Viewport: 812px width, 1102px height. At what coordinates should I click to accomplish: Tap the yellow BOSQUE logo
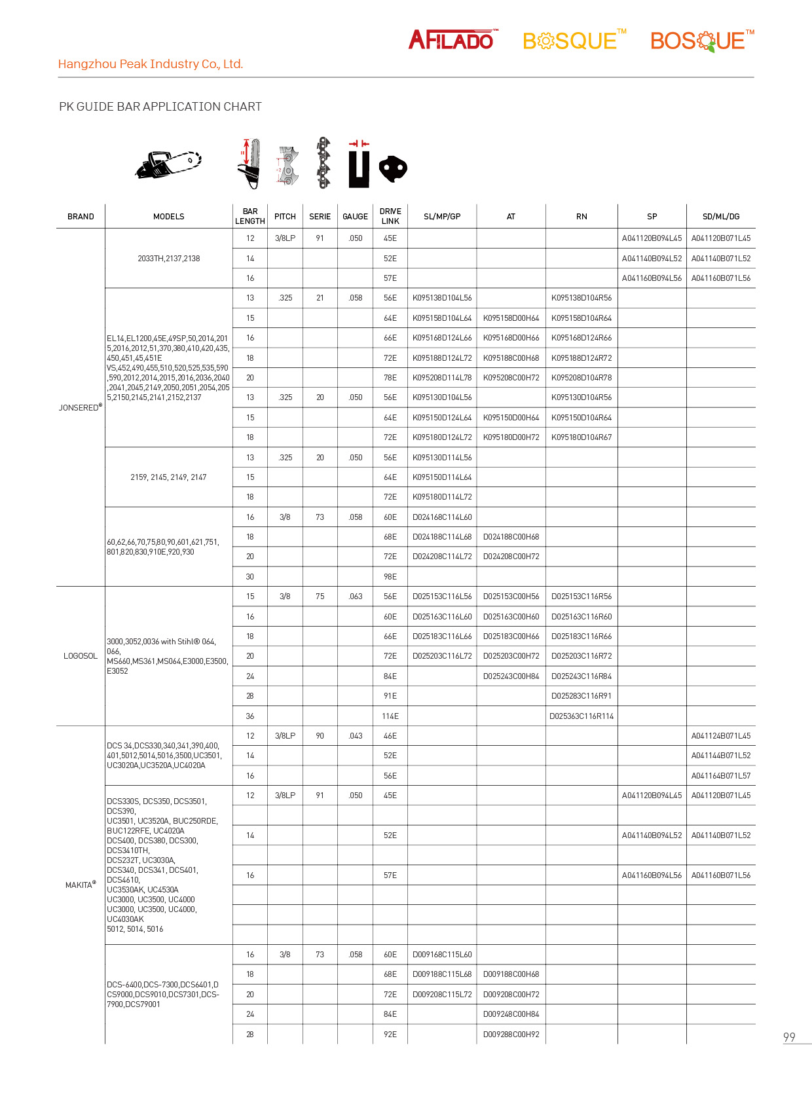pyautogui.click(x=574, y=41)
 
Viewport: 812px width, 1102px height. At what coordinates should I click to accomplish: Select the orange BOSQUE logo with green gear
pyautogui.click(x=701, y=41)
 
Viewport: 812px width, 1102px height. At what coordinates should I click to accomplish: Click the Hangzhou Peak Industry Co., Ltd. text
pyautogui.click(x=151, y=64)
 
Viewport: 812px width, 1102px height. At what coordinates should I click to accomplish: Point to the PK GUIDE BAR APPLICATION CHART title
pyautogui.click(x=160, y=107)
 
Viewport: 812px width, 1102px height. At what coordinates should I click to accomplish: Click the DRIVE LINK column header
pyautogui.click(x=390, y=216)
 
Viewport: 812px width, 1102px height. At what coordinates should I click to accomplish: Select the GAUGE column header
pyautogui.click(x=355, y=217)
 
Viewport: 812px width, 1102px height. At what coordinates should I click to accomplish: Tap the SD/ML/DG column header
pyautogui.click(x=720, y=217)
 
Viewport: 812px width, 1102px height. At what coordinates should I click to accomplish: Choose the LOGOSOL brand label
pyautogui.click(x=81, y=656)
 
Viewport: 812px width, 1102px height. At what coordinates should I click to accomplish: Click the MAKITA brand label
pyautogui.click(x=80, y=885)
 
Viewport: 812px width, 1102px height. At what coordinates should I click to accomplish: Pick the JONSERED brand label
pyautogui.click(x=80, y=407)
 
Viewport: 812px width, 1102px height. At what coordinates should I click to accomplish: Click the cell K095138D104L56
pyautogui.click(x=442, y=298)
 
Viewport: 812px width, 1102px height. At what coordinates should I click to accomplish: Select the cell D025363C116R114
pyautogui.click(x=581, y=716)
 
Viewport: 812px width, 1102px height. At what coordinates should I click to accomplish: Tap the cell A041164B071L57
pyautogui.click(x=721, y=776)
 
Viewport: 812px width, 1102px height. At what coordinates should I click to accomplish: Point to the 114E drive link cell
pyautogui.click(x=390, y=716)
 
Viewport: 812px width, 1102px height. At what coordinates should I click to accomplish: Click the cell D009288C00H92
pyautogui.click(x=511, y=1035)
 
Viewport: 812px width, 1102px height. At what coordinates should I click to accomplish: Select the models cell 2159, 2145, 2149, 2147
pyautogui.click(x=168, y=477)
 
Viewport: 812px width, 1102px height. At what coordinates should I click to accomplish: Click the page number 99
pyautogui.click(x=789, y=1037)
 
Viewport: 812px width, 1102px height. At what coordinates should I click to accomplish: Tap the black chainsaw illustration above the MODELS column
pyautogui.click(x=168, y=164)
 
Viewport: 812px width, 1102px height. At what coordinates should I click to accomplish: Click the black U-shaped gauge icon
pyautogui.click(x=358, y=168)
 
